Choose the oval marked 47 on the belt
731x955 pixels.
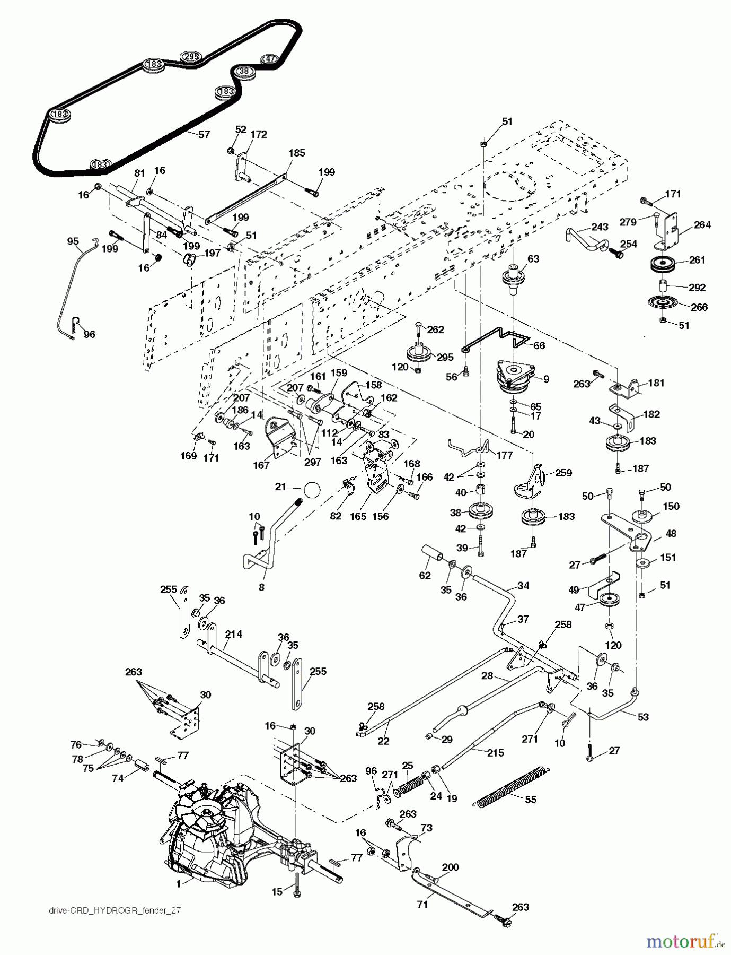click(x=270, y=59)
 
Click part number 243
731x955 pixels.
click(x=600, y=228)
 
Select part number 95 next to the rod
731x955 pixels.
click(x=73, y=241)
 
